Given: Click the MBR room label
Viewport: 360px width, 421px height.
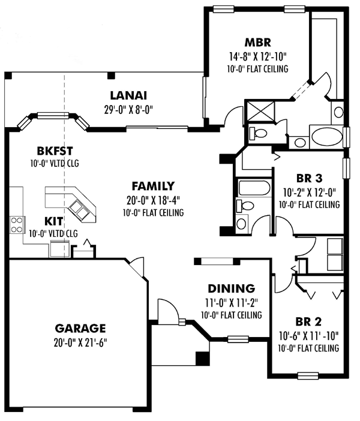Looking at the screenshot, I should click(x=258, y=43).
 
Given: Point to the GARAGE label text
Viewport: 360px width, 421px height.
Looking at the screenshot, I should click(x=80, y=328).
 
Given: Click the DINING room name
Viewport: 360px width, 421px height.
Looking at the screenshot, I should click(x=231, y=288).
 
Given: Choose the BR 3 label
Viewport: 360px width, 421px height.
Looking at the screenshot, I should click(x=310, y=178).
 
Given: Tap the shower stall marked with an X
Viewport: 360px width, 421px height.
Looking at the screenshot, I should click(x=260, y=112).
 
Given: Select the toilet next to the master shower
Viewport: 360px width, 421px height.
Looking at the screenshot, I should click(x=257, y=132).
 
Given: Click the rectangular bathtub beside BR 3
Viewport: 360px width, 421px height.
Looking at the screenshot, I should click(x=254, y=188).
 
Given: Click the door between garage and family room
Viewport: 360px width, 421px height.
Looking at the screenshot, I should click(x=139, y=267).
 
